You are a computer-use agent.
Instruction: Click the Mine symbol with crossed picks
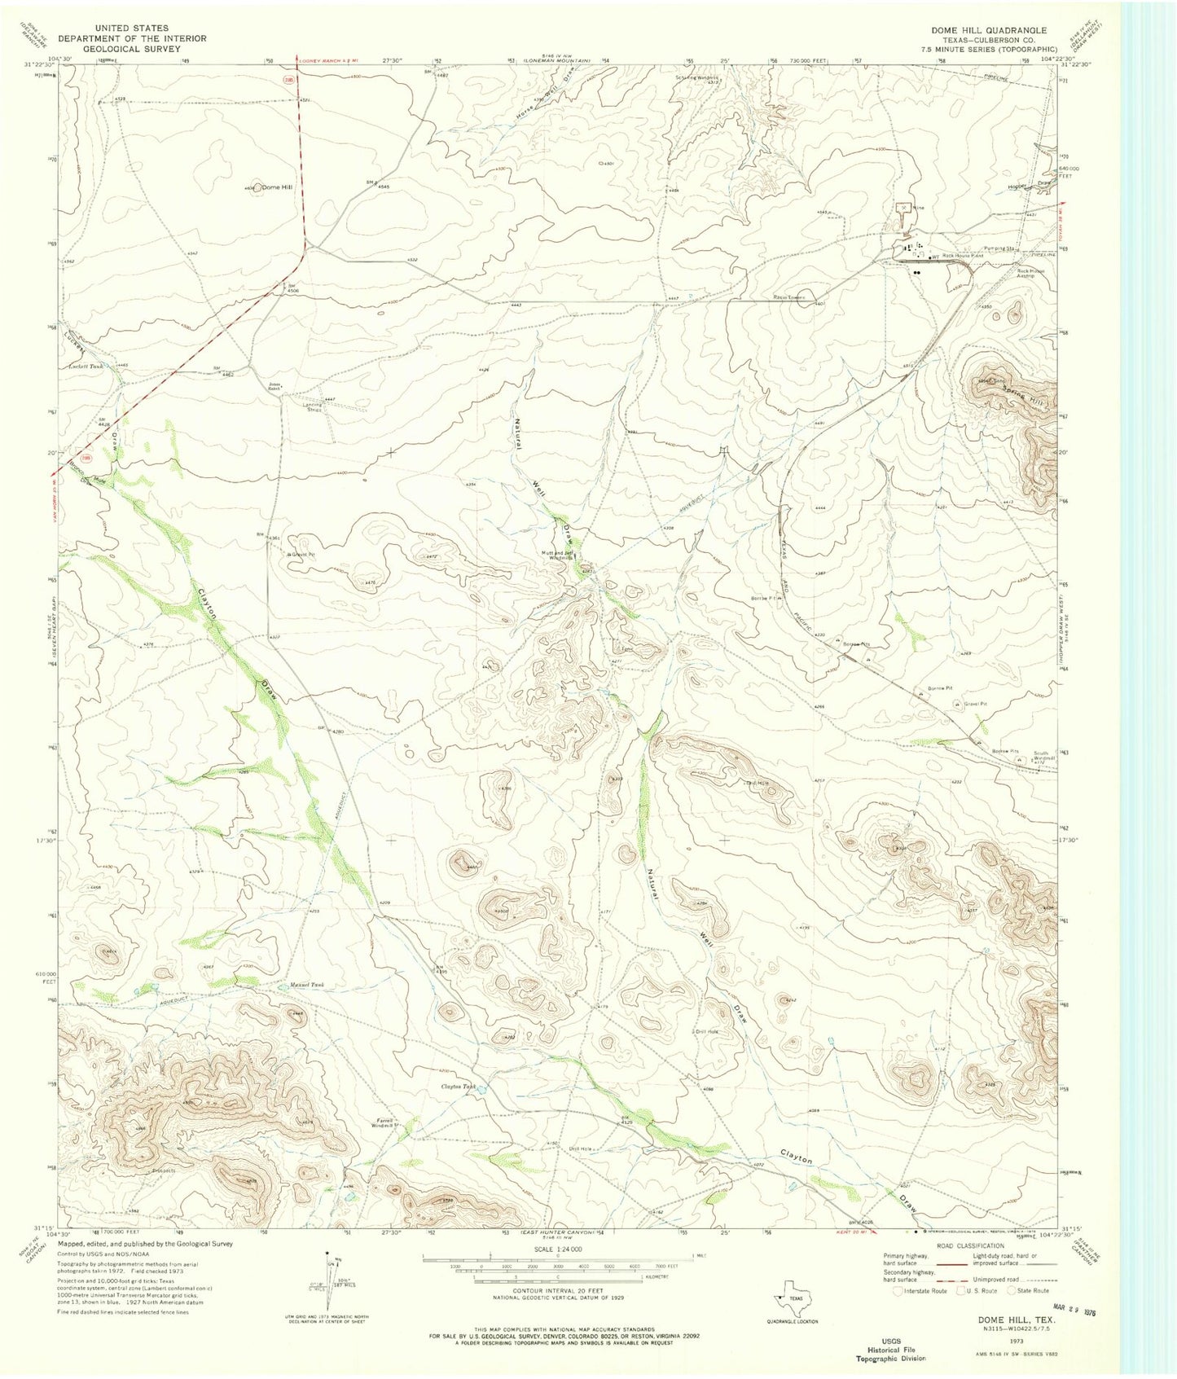click(903, 207)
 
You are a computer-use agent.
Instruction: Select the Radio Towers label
click(789, 297)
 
